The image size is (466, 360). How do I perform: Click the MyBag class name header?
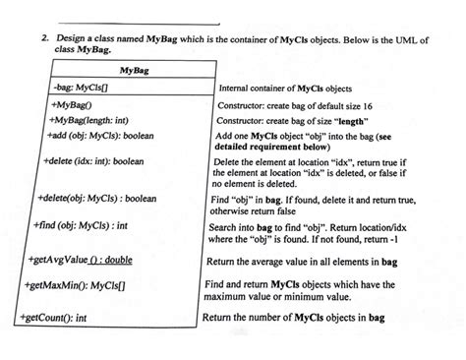tap(135, 71)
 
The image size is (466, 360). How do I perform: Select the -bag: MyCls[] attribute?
tap(78, 88)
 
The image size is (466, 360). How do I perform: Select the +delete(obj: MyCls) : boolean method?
tap(99, 198)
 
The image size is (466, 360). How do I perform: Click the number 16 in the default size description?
tap(366, 103)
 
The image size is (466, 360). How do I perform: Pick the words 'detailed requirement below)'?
tap(267, 145)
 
